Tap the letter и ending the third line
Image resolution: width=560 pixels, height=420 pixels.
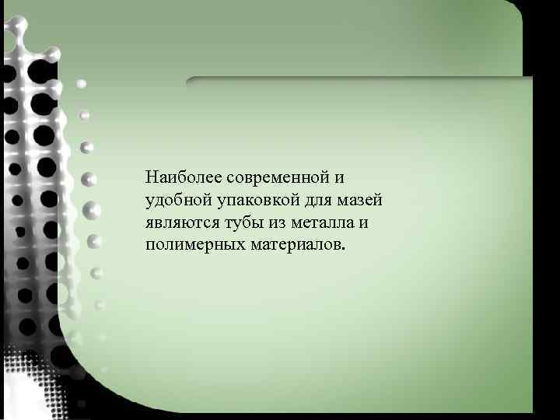364,223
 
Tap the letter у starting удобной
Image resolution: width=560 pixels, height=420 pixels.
149,201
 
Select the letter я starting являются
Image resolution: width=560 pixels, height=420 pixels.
149,223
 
